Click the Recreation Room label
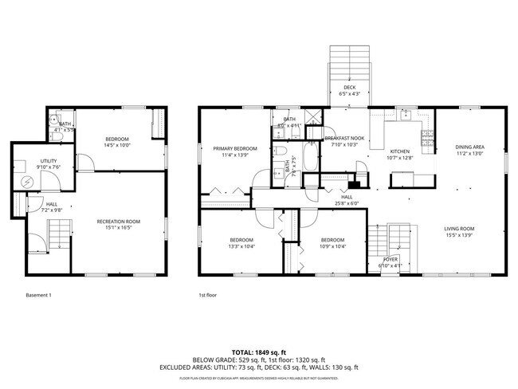pyautogui.click(x=118, y=221)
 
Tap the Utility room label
pyautogui.click(x=49, y=162)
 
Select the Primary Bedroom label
pyautogui.click(x=234, y=148)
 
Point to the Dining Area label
pyautogui.click(x=469, y=147)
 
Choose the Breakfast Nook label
pyautogui.click(x=344, y=139)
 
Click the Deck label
pyautogui.click(x=350, y=88)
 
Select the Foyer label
pyautogui.click(x=390, y=259)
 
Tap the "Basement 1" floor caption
pyautogui.click(x=37, y=296)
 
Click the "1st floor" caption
pyautogui.click(x=208, y=296)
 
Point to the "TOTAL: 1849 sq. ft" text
pyautogui.click(x=259, y=352)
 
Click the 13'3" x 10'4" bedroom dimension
pyautogui.click(x=241, y=247)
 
